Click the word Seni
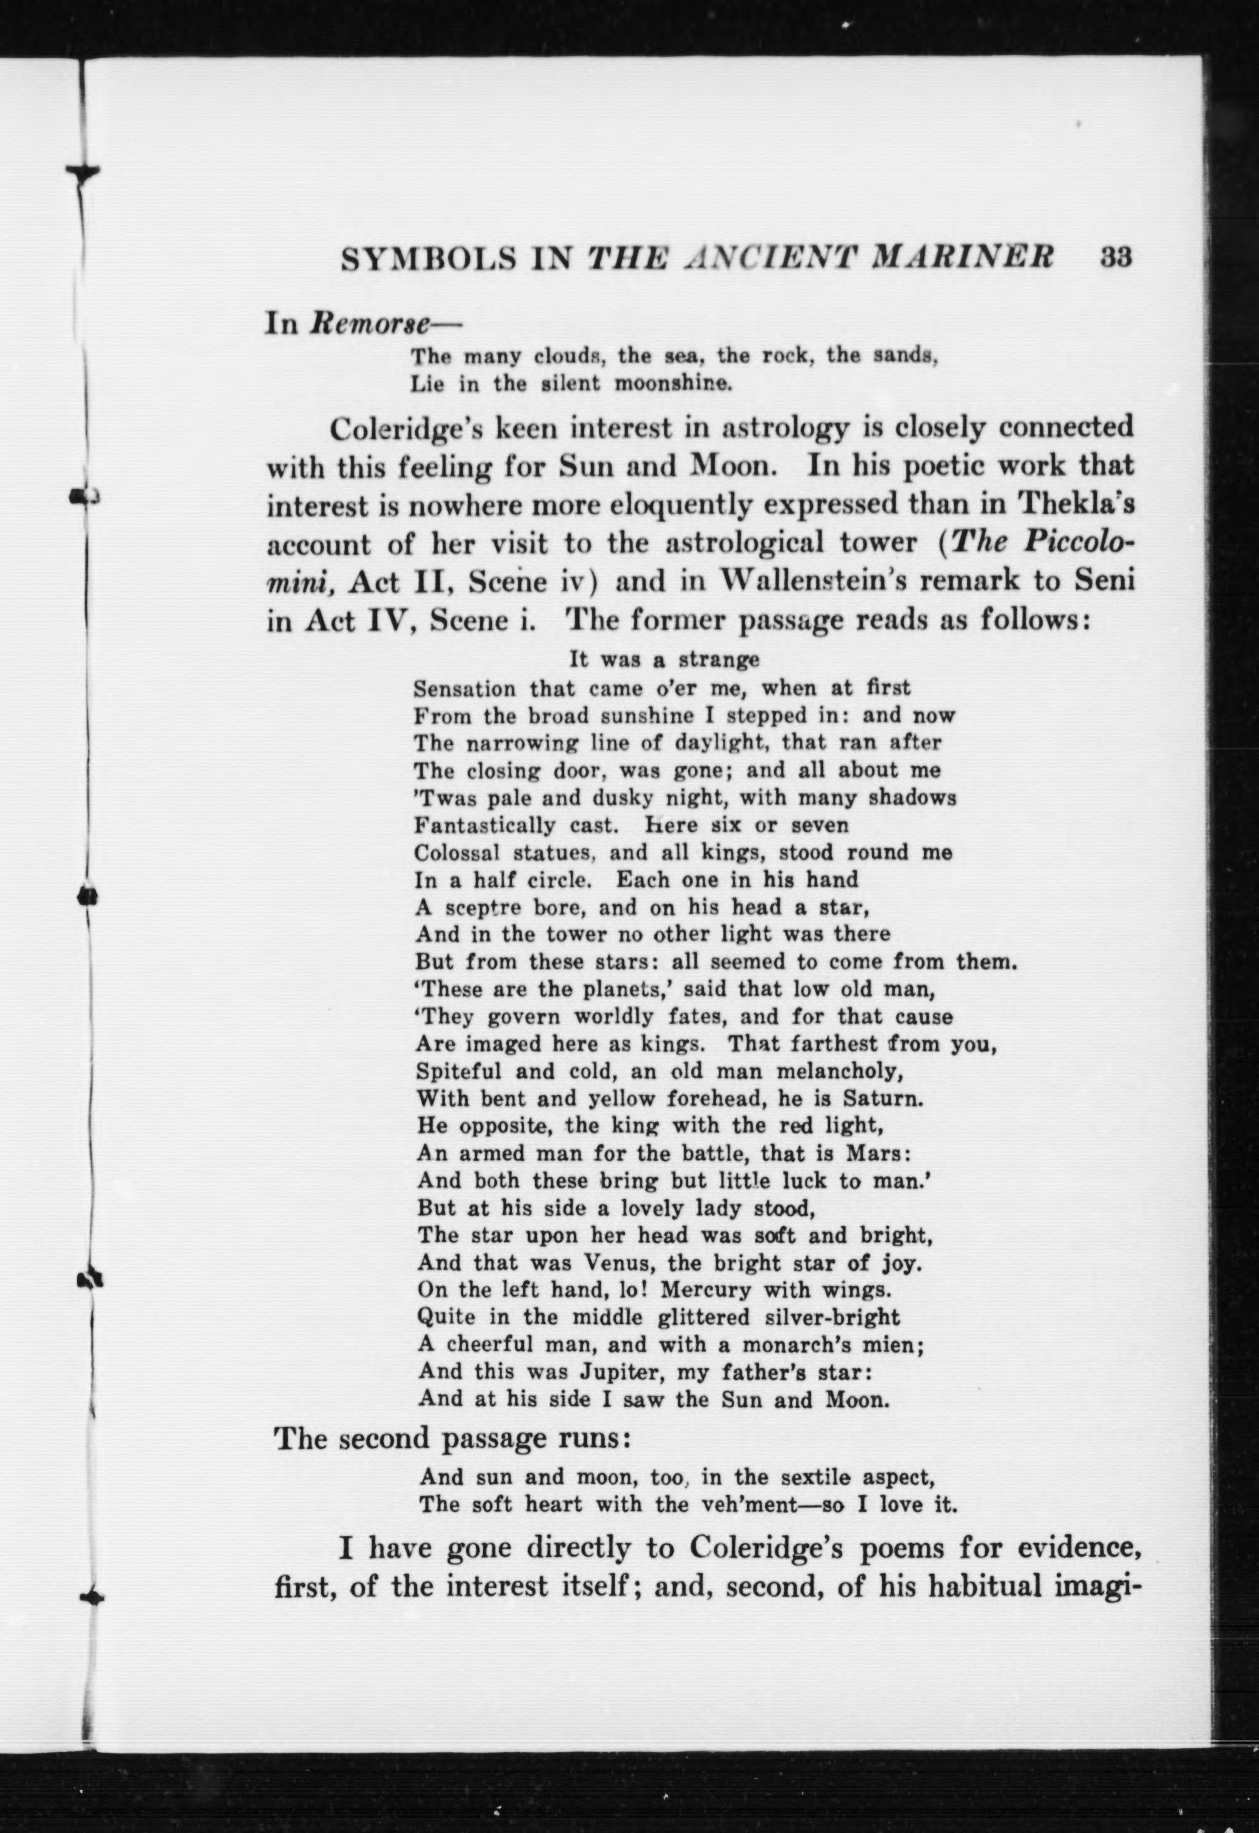[1108, 582]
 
